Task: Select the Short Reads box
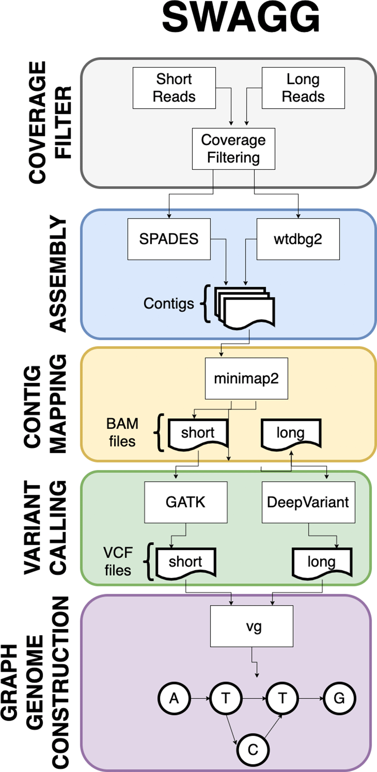(x=174, y=88)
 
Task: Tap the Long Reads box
(x=303, y=88)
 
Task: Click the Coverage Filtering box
(x=233, y=149)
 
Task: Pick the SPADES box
(x=169, y=239)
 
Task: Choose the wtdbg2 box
(x=298, y=239)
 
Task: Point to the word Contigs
(x=168, y=303)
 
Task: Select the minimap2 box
(x=246, y=378)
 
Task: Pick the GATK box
(x=186, y=502)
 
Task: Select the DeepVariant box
(x=308, y=502)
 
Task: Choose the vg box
(x=251, y=626)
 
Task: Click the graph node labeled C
(x=253, y=749)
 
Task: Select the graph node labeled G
(x=339, y=698)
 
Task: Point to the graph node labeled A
(x=174, y=698)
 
